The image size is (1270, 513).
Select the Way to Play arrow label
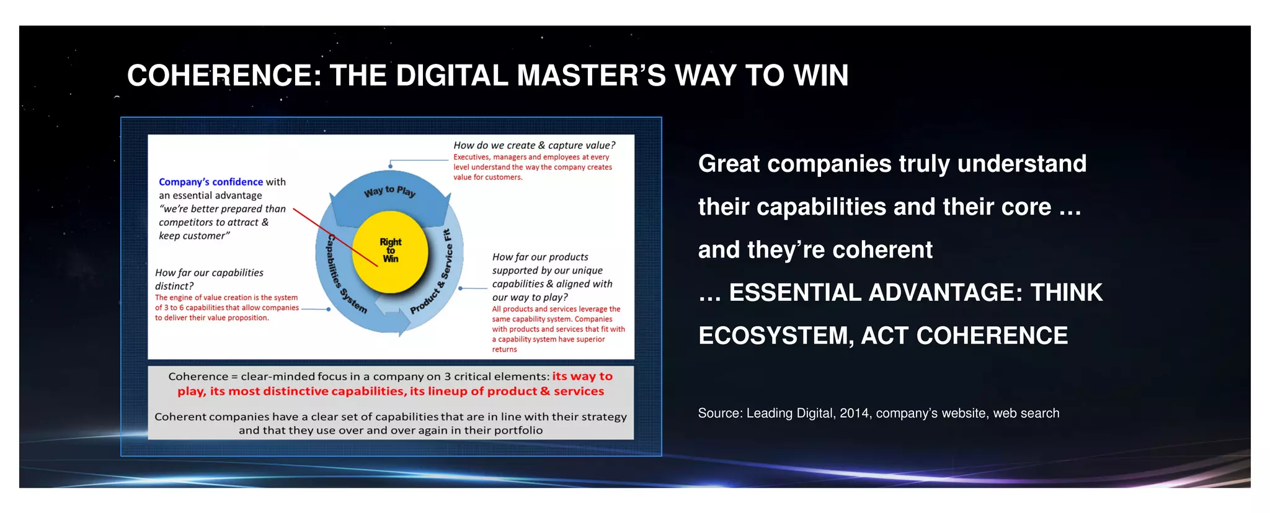(389, 191)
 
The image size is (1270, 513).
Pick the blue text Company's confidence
(211, 182)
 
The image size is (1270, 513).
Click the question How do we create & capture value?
(534, 145)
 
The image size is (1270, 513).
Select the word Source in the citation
(719, 413)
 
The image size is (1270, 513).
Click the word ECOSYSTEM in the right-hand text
(773, 336)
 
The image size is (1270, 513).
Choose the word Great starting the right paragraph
(729, 164)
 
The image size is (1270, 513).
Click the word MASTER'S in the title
(592, 76)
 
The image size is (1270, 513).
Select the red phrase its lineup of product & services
(507, 391)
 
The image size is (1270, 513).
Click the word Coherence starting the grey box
(198, 377)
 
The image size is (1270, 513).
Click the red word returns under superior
(504, 349)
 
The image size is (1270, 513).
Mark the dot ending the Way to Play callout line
(390, 166)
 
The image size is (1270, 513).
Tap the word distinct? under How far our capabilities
(174, 286)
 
